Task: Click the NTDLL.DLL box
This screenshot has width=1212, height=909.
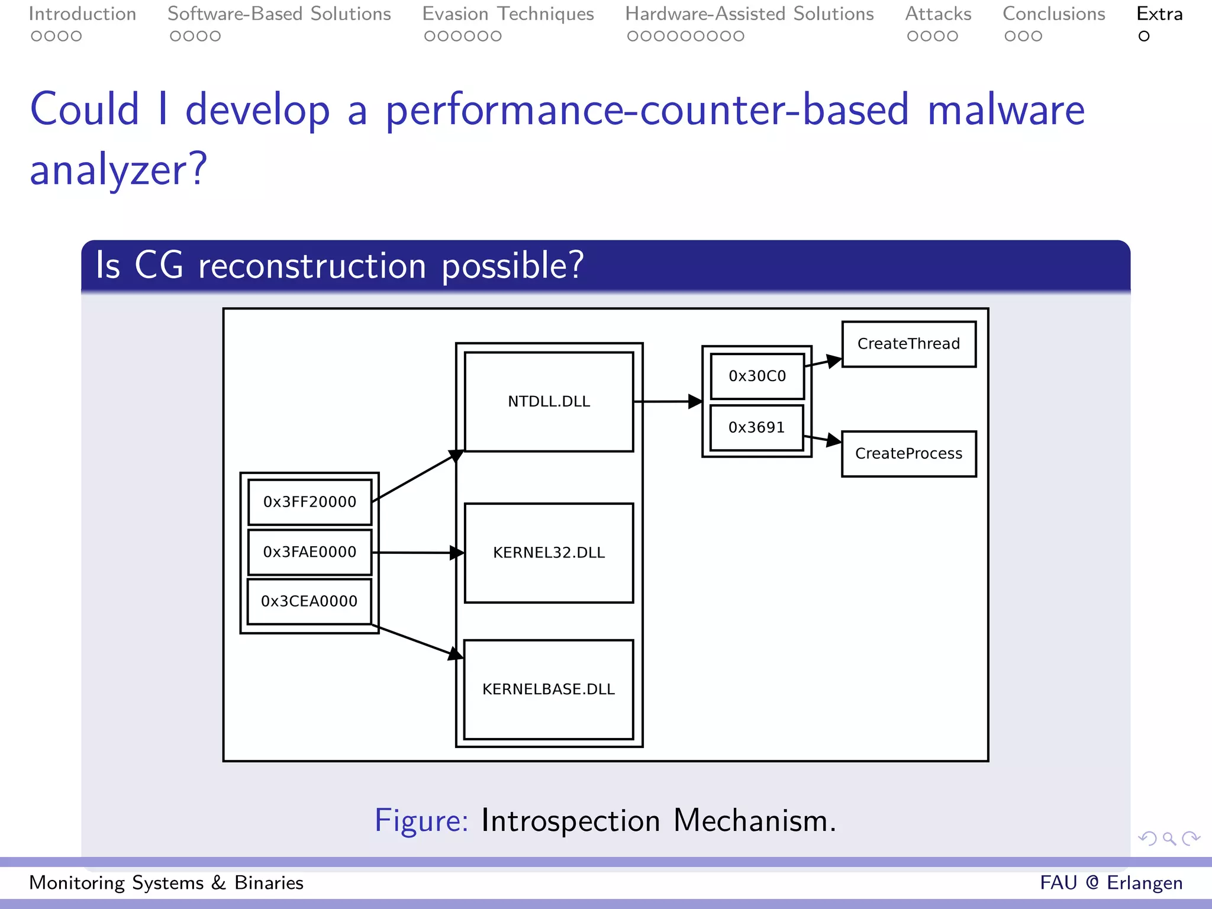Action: pos(549,402)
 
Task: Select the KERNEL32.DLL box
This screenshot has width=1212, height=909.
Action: pos(549,553)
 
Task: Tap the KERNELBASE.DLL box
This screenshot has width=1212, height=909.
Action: pos(549,689)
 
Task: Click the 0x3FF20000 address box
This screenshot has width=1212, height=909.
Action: pos(310,502)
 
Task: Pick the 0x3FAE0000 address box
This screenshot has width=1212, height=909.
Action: pos(310,552)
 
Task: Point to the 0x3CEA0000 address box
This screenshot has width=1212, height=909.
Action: pos(309,601)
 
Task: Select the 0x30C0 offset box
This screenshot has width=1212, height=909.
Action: pos(757,376)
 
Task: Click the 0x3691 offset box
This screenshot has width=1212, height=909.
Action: pos(756,427)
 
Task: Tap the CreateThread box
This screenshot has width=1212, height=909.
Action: pos(908,344)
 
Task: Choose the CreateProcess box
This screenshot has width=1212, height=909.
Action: pos(908,454)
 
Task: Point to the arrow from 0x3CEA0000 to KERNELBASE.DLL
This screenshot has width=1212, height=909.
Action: pos(417,640)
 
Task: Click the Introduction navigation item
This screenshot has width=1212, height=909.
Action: pos(82,14)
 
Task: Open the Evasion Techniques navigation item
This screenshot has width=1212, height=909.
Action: pos(508,14)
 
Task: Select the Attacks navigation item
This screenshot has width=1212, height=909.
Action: pos(938,14)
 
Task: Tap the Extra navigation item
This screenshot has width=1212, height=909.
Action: pos(1159,14)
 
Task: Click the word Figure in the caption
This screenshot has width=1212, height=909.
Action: pos(421,821)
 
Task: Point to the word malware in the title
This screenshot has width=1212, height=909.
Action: pos(1006,110)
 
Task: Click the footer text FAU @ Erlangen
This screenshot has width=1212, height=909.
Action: pos(1111,882)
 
